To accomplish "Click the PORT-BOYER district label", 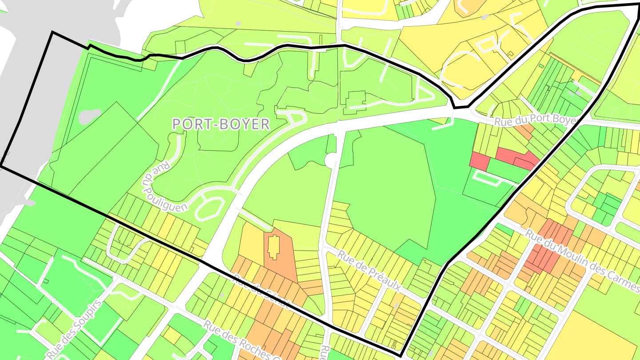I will (x=221, y=124).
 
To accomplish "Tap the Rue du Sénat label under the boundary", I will (x=262, y=291).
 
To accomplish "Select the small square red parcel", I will (x=479, y=160).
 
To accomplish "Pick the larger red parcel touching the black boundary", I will (x=516, y=157).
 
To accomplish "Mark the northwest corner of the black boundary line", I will (x=52, y=32).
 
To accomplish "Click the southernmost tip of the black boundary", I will (x=400, y=356).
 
